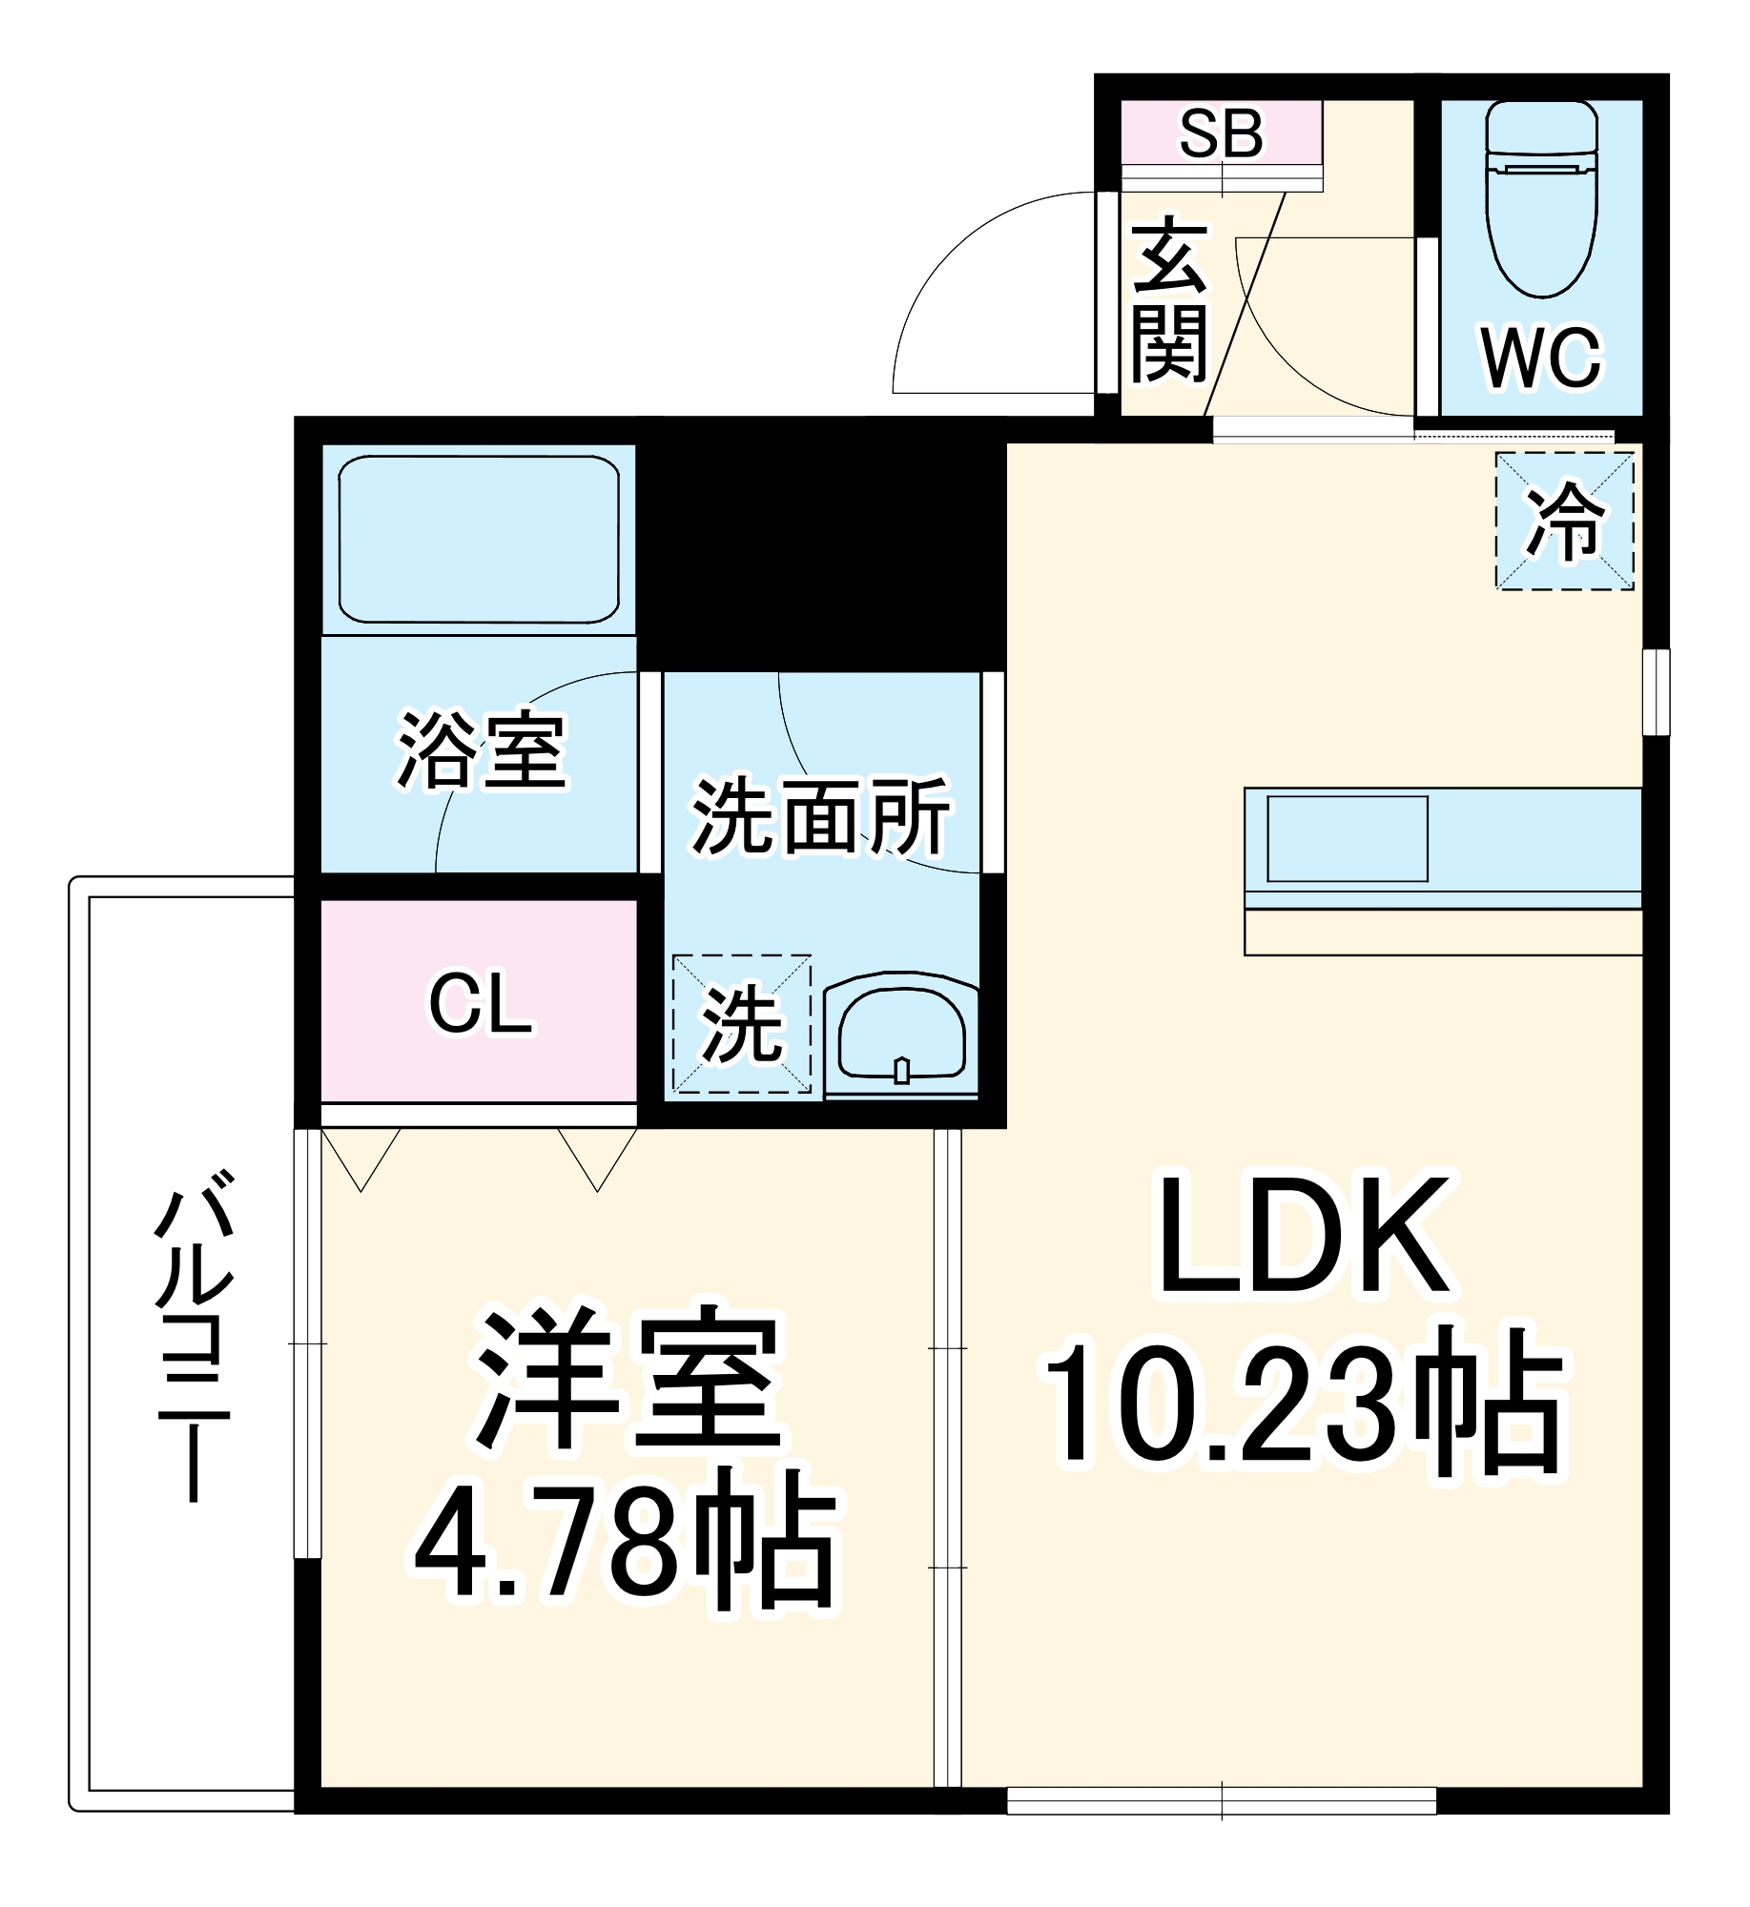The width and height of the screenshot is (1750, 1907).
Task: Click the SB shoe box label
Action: (x=1221, y=133)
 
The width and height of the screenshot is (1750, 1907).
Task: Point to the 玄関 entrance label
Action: (x=1169, y=299)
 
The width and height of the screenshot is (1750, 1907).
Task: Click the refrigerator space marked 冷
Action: (x=1564, y=521)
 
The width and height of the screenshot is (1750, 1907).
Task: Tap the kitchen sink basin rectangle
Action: (x=1347, y=839)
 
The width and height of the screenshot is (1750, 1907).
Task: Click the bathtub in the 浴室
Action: (x=479, y=540)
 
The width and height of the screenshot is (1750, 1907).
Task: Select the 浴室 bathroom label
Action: (x=482, y=750)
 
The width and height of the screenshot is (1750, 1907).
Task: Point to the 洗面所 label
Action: (x=820, y=817)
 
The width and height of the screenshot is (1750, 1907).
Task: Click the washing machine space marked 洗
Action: (x=742, y=1024)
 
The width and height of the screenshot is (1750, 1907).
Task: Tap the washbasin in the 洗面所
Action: (x=901, y=1037)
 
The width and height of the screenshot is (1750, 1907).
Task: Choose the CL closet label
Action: (x=480, y=1003)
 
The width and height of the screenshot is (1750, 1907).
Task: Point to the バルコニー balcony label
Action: (x=195, y=1335)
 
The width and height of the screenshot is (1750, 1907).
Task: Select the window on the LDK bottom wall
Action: (x=1221, y=1800)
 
